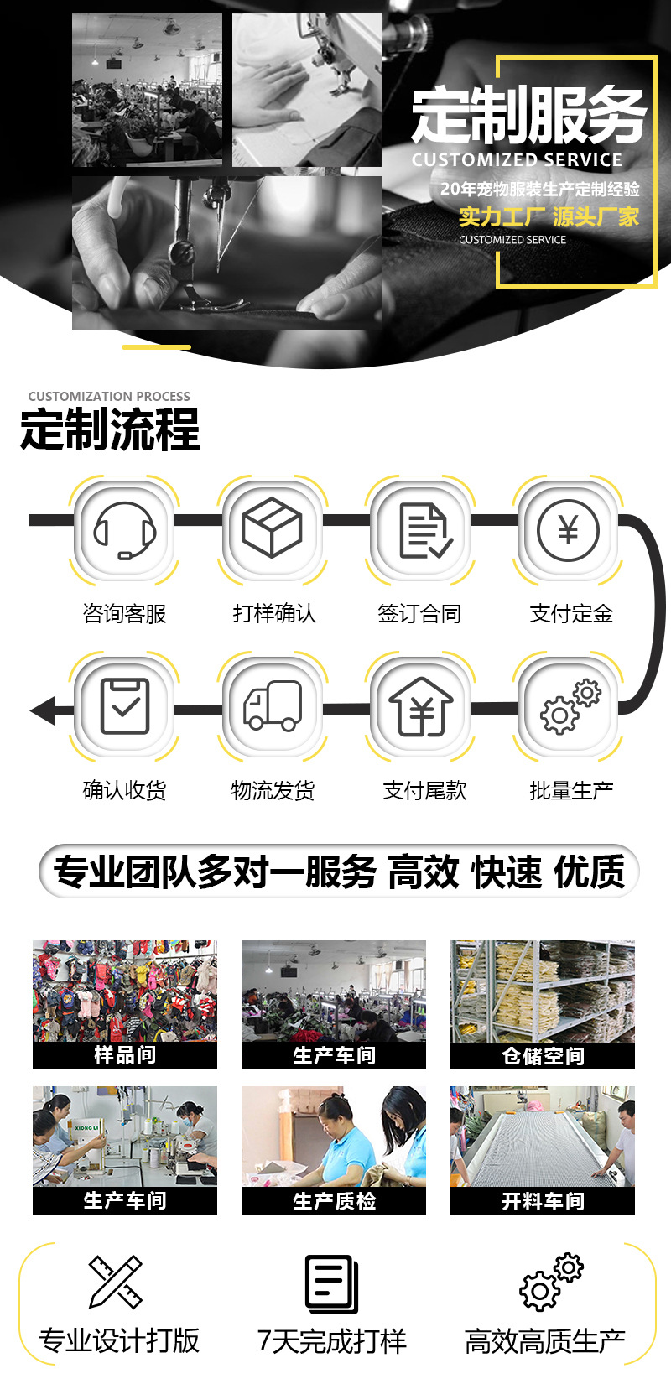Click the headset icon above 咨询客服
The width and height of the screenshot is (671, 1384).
click(125, 530)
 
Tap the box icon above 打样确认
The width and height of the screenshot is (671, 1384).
click(272, 528)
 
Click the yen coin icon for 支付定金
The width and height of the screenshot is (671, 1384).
click(569, 530)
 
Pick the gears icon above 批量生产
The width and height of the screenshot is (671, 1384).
click(570, 706)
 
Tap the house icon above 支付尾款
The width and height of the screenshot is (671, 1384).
click(421, 706)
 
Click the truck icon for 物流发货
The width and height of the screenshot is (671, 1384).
click(273, 705)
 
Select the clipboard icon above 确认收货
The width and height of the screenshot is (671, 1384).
click(125, 705)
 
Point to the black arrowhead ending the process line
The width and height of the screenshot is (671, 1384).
click(42, 710)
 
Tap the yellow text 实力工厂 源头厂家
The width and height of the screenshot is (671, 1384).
click(549, 217)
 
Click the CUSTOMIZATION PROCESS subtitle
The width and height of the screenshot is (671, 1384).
click(109, 396)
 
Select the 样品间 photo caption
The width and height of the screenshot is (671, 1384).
click(125, 1055)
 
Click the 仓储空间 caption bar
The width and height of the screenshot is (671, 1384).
click(543, 1055)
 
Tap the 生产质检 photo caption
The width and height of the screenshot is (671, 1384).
click(334, 1201)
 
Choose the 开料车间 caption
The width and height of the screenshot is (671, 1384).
click(543, 1201)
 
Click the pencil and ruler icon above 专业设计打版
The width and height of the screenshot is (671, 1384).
click(116, 1281)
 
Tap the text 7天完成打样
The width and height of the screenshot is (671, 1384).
click(332, 1341)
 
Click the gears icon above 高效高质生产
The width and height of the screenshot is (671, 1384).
click(551, 1282)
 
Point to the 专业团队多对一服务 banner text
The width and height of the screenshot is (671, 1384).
click(215, 872)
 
